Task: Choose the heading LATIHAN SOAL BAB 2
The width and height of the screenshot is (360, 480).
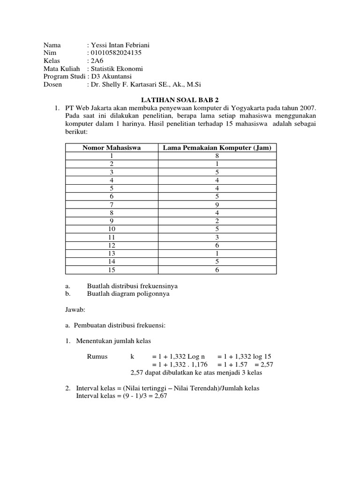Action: (x=180, y=100)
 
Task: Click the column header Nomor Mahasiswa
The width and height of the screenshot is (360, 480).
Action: (x=112, y=148)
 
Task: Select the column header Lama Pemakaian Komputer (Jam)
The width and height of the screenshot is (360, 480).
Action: (x=217, y=148)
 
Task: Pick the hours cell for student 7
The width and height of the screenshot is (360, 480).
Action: (x=217, y=204)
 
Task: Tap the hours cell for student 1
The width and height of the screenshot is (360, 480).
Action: (x=217, y=156)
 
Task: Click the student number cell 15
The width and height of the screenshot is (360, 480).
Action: (x=112, y=270)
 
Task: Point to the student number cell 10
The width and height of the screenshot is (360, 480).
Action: (x=112, y=229)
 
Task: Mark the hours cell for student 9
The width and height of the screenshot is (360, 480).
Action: (x=217, y=221)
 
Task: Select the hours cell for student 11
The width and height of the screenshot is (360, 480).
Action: (x=217, y=237)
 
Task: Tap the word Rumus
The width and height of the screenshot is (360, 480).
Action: (x=97, y=356)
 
